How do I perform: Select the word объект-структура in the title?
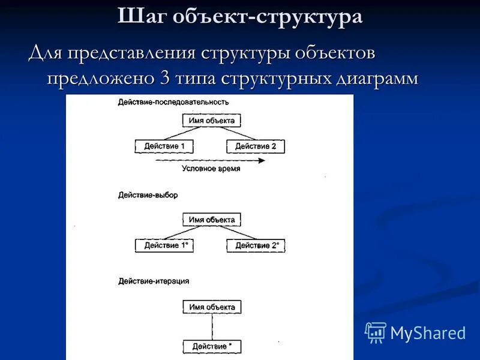coord(268,16)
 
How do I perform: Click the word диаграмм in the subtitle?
coord(380,79)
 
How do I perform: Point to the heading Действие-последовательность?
coord(173,102)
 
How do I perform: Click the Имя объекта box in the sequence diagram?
coord(212,121)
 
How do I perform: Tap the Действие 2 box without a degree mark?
coord(256,146)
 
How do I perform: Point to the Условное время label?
coord(211,169)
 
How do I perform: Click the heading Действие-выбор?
coord(148,195)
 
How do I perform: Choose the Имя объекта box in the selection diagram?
coord(212,220)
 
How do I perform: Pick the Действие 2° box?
coord(257,245)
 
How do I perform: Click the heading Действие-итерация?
coord(154,281)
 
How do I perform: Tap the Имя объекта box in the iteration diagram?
coord(212,307)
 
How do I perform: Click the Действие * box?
coord(212,346)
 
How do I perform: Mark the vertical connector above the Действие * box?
coord(212,327)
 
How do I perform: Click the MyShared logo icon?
coord(376,332)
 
